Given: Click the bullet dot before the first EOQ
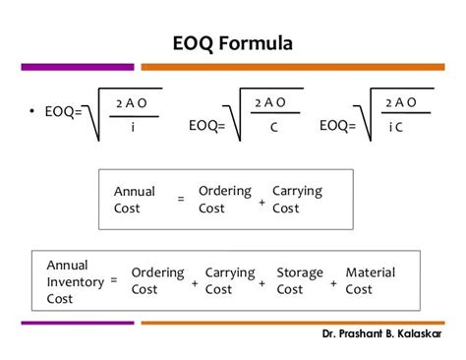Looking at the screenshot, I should pyautogui.click(x=32, y=109).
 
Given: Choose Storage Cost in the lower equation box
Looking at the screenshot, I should pyautogui.click(x=293, y=280).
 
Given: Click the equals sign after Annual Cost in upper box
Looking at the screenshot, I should pyautogui.click(x=180, y=200).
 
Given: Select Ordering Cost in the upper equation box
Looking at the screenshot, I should pyautogui.click(x=224, y=199).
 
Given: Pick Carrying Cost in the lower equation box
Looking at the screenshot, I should pyautogui.click(x=229, y=280).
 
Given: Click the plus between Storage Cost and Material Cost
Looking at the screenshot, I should pyautogui.click(x=333, y=283).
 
